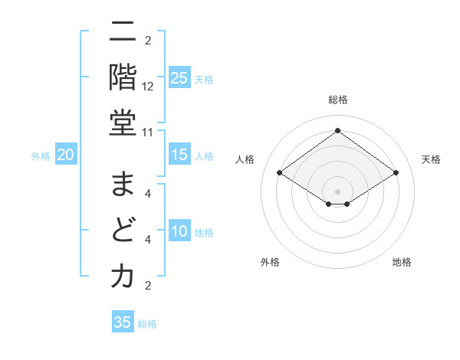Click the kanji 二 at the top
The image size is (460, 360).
coord(123,33)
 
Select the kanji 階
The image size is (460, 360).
coord(123,77)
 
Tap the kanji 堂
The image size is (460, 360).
coord(123,122)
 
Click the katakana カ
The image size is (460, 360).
coord(123,277)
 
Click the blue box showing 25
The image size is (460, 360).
coord(179,78)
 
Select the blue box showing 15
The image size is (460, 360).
coord(179,155)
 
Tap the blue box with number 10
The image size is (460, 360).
coord(179,232)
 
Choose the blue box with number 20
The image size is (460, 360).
coord(66,155)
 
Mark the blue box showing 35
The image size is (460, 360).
coord(123,322)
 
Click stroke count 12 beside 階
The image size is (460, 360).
coord(148,87)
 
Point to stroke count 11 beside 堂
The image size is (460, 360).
coord(148,132)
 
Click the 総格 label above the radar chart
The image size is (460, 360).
coord(338,100)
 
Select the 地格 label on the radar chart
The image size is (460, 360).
coord(402,262)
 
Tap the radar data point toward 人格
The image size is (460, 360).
coord(280,173)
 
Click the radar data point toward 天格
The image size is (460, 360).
coord(396,173)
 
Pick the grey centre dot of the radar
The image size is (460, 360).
coord(338,191)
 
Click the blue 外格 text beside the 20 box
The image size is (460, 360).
coord(41,156)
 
